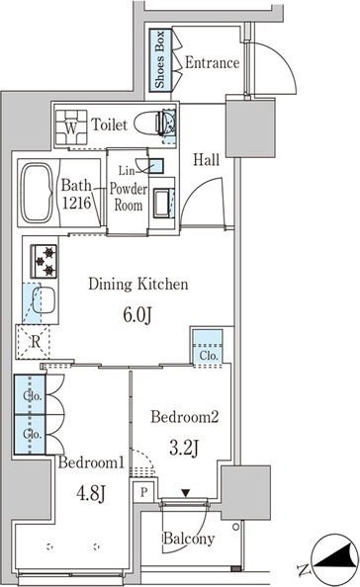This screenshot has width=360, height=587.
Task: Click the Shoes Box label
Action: pyautogui.click(x=160, y=59)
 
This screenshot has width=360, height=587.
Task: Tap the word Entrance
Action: pyautogui.click(x=213, y=62)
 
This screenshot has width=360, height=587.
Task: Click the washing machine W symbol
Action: pyautogui.click(x=71, y=127)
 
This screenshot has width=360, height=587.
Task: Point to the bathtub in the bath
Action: pyautogui.click(x=37, y=193)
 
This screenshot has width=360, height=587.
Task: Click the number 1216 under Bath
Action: pyautogui.click(x=76, y=203)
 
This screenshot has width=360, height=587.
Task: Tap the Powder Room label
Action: pyautogui.click(x=129, y=197)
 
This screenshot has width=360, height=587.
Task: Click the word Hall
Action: pyautogui.click(x=206, y=160)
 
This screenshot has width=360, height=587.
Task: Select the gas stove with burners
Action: pyautogui.click(x=44, y=261)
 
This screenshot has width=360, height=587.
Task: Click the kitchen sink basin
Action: pyautogui.click(x=45, y=300)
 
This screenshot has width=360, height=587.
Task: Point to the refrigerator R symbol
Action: pyautogui.click(x=34, y=342)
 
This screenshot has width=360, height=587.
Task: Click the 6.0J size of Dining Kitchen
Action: pyautogui.click(x=137, y=315)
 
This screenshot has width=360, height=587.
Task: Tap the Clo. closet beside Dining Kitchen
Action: pyautogui.click(x=208, y=347)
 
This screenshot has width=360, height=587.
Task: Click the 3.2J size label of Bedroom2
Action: pyautogui.click(x=184, y=448)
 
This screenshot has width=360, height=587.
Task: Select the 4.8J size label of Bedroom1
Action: pyautogui.click(x=91, y=493)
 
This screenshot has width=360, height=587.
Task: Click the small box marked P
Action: pyautogui.click(x=143, y=491)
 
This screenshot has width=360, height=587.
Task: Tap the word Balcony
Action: pyautogui.click(x=189, y=540)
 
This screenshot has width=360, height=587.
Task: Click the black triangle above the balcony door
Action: pyautogui.click(x=185, y=493)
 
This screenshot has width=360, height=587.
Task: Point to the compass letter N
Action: pyautogui.click(x=303, y=570)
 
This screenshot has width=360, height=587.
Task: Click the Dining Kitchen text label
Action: pyautogui.click(x=138, y=285)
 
